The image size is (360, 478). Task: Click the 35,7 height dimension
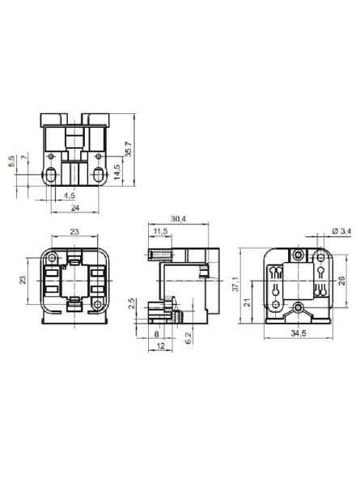[x=129, y=149]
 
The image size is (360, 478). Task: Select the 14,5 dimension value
[x=117, y=172]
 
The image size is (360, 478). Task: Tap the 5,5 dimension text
[x=12, y=161]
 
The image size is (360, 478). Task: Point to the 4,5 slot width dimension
[x=70, y=196]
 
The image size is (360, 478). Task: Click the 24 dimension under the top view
[x=75, y=208]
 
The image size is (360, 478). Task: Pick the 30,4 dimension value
[x=178, y=219]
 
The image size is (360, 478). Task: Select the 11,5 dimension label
[x=160, y=231]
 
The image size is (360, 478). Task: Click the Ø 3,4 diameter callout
[x=341, y=231]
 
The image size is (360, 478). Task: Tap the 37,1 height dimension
[x=235, y=284]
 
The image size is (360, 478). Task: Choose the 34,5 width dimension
[x=299, y=333]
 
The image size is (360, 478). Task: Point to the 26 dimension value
[x=342, y=281]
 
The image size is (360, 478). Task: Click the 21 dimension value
[x=248, y=302]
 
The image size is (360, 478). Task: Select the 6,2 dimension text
[x=188, y=338]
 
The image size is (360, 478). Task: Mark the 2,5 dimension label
[x=132, y=303]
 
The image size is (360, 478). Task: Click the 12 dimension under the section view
[x=160, y=345]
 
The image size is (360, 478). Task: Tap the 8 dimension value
[x=156, y=334]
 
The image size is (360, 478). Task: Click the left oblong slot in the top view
[x=51, y=175]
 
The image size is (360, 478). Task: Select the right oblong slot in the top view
[x=98, y=175]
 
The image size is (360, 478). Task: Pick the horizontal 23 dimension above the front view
[x=74, y=231]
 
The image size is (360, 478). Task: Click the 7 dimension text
[x=25, y=158]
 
